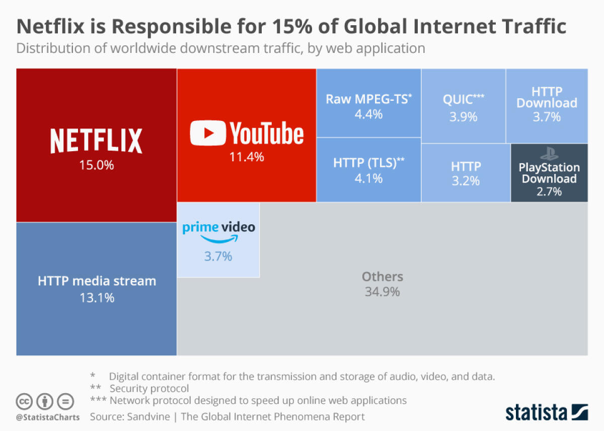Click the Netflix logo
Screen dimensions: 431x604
(96, 141)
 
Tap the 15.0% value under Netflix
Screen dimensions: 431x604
(96, 165)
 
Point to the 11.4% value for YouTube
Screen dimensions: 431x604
(247, 157)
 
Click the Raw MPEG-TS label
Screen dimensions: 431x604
(368, 99)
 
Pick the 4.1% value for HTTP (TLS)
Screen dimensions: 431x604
(368, 178)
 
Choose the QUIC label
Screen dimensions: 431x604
(463, 99)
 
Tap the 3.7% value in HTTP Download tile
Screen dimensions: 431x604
(547, 117)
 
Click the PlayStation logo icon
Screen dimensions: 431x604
(546, 153)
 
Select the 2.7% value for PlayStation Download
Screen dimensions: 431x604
(549, 192)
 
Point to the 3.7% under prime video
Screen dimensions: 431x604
(218, 257)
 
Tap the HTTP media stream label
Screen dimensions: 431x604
(97, 281)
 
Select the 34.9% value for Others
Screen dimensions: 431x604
(383, 291)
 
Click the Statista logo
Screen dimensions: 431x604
(547, 411)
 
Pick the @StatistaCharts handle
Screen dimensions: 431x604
(48, 417)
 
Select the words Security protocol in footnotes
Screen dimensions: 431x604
(149, 389)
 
